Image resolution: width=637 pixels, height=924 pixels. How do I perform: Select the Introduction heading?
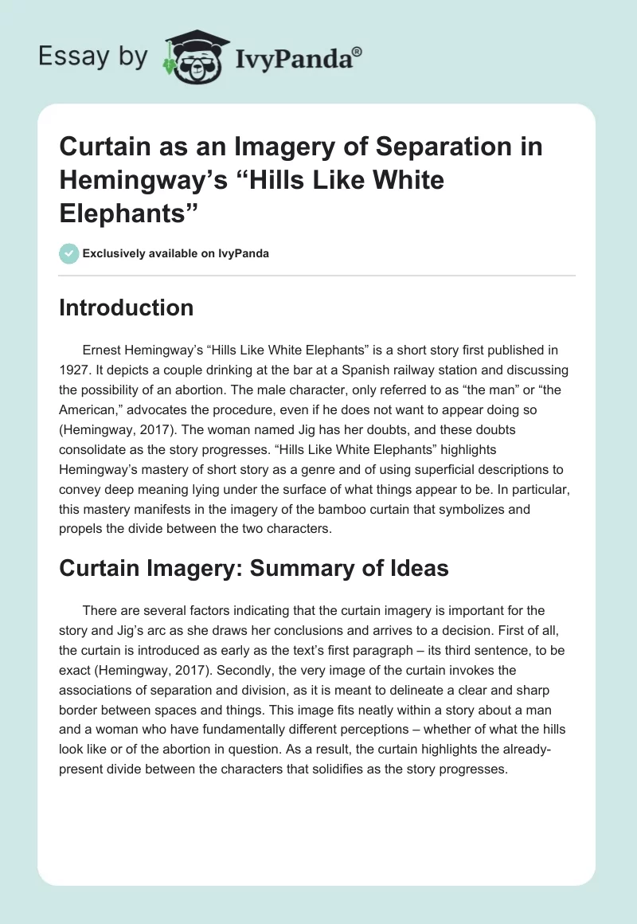[126, 308]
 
